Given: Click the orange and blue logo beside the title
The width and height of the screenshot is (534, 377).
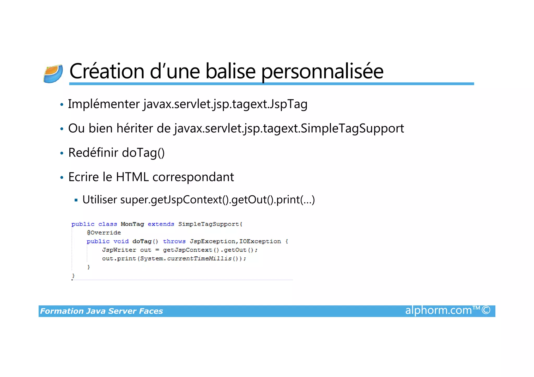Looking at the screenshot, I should pos(53,74).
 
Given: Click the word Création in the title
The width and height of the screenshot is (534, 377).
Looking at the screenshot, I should pos(107,71).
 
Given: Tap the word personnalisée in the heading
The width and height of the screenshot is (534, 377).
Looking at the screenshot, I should pos(322,72).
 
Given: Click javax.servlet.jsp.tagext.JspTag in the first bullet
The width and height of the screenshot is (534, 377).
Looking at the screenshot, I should pos(225,104).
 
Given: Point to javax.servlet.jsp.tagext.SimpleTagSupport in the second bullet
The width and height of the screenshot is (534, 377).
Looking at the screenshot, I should pos(289,128).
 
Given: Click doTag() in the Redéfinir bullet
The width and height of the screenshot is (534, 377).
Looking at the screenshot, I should pos(143,153).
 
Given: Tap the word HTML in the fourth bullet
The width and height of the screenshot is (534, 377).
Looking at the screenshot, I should pos(132,177).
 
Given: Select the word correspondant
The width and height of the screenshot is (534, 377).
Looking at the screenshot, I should pos(193,177).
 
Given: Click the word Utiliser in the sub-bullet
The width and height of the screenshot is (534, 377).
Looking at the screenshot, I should pos(100,200).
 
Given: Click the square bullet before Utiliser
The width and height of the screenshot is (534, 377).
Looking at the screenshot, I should pos(76,200).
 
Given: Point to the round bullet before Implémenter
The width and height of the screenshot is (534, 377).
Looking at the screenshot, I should pos(62,105).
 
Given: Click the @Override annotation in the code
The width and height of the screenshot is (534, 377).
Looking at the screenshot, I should pos(104,233).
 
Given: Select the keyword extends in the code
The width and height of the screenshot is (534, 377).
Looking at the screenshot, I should pos(161,224).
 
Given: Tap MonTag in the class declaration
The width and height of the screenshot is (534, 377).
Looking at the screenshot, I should pos(132,224).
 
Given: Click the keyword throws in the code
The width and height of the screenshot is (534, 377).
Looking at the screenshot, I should pos(174,241).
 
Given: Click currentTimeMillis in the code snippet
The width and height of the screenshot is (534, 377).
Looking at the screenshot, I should pos(199,258).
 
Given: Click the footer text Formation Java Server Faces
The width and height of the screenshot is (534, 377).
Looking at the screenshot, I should pos(101,311).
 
